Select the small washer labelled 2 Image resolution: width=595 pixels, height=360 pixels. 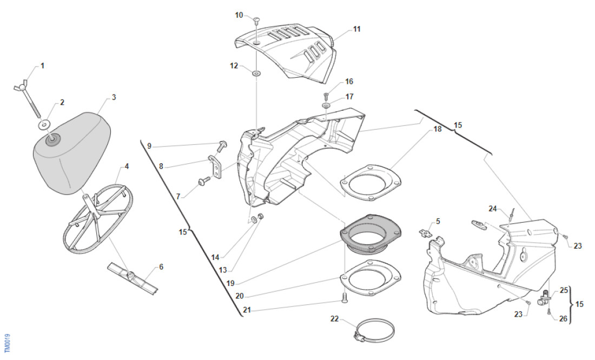43,125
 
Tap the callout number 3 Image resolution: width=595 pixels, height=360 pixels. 114,97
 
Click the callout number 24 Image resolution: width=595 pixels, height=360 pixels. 493,208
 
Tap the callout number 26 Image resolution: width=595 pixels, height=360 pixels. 563,319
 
